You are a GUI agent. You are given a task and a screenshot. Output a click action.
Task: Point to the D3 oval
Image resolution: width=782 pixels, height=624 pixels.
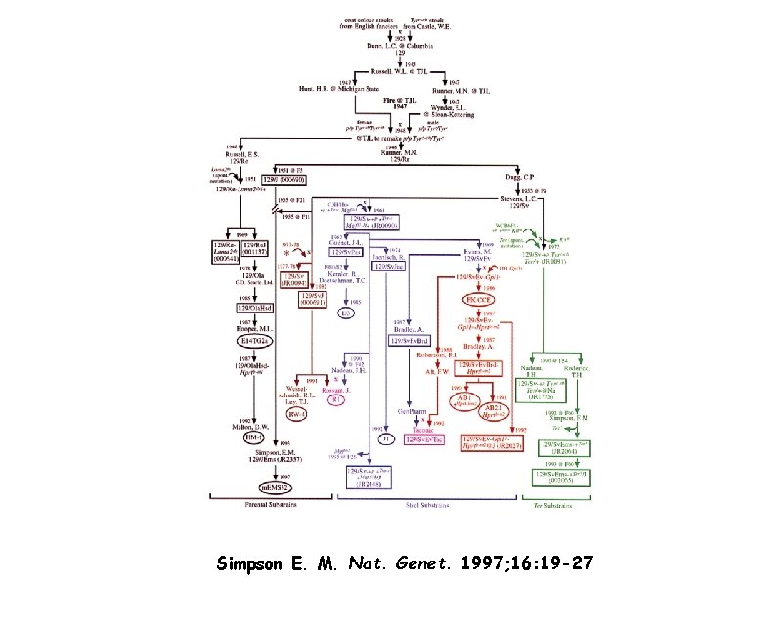[346, 313]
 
